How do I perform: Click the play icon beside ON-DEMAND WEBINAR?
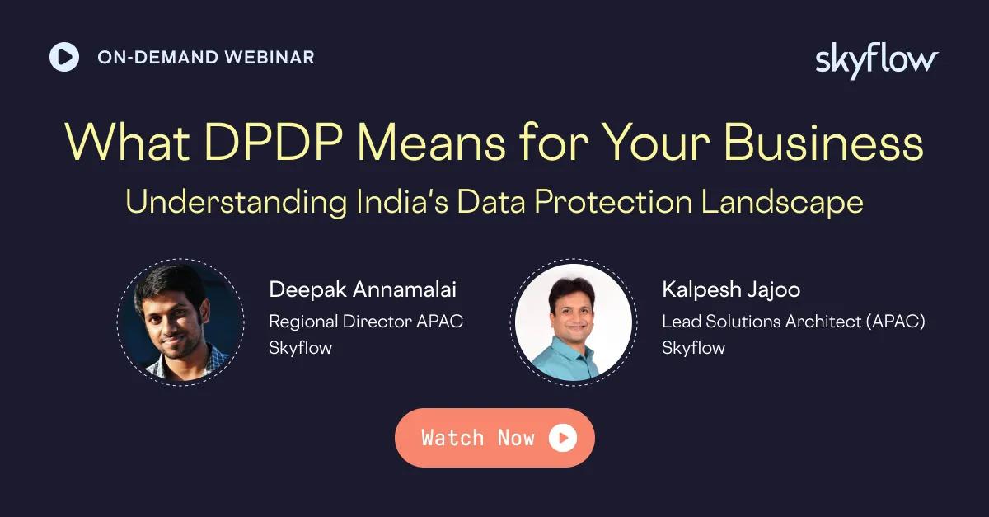(64, 57)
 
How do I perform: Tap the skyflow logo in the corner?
(877, 61)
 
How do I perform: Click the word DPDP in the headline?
(274, 143)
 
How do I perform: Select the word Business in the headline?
(823, 143)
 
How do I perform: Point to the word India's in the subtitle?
(402, 202)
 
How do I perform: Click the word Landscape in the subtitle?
(782, 202)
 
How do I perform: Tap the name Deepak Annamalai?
(363, 290)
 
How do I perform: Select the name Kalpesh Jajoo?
(731, 290)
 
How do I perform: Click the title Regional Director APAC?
(366, 322)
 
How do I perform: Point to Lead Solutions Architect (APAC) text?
(794, 322)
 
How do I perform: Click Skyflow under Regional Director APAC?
(300, 348)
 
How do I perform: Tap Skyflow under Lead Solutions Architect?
(693, 348)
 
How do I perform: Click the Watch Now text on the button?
(478, 438)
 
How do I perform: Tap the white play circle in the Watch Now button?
(562, 438)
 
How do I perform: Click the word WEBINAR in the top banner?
(270, 58)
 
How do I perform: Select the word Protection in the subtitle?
(613, 202)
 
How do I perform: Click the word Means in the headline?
(430, 143)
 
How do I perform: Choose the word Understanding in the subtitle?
(237, 202)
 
